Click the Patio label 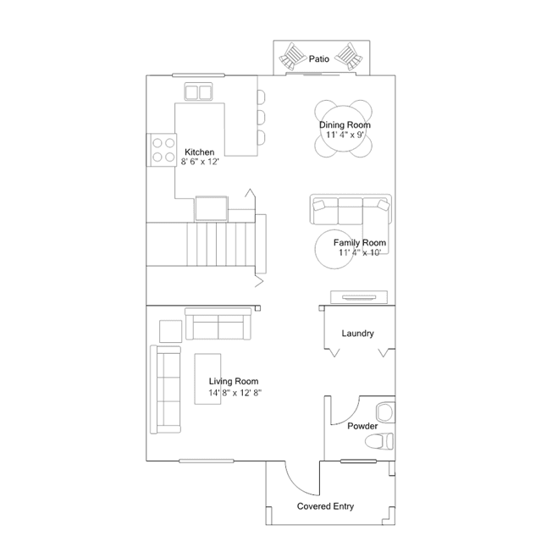pos(319,59)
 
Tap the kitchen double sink pos(198,91)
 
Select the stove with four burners pos(162,150)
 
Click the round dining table pos(343,129)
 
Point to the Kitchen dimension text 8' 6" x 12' pos(200,162)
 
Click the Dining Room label pos(345,125)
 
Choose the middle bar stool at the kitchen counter pos(261,118)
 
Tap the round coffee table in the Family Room pos(334,249)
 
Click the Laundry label pos(358,334)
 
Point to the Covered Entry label pos(325,506)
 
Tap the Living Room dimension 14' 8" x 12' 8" pos(235,393)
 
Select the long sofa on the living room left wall pos(165,389)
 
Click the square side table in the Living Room pos(170,331)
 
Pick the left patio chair pos(292,57)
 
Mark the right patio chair pos(349,57)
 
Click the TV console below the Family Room pos(359,297)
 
